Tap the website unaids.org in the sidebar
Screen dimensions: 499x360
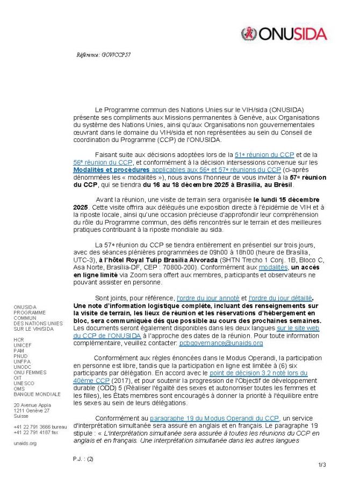[x=25, y=443]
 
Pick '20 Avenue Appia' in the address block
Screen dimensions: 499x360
[x=33, y=404]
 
